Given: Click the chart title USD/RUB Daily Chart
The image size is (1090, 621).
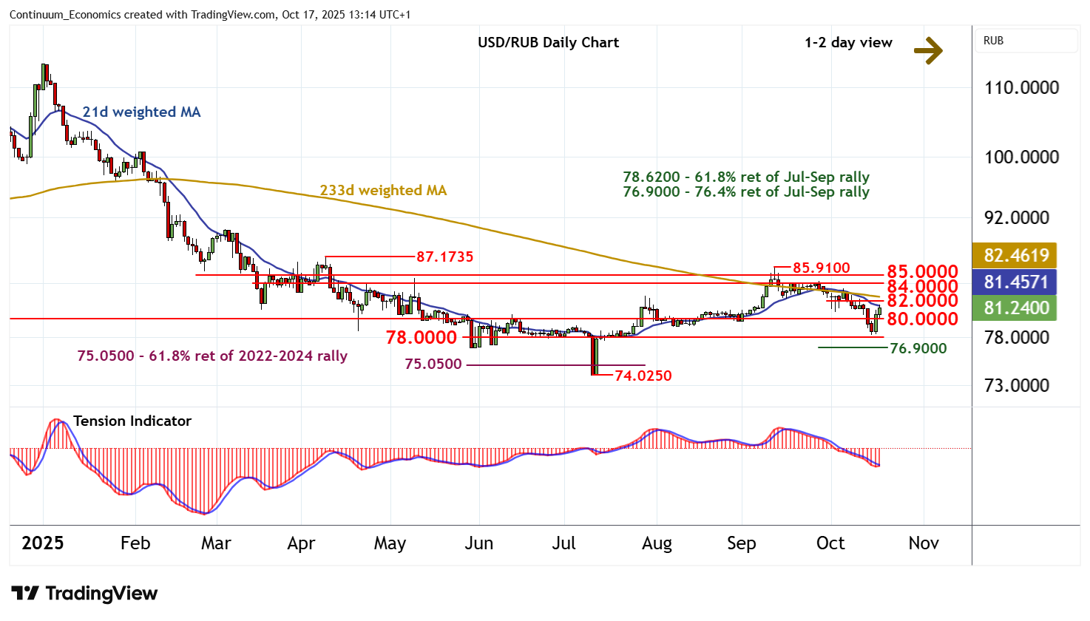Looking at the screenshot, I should (x=548, y=42).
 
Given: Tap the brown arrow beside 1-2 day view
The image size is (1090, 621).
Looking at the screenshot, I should (x=928, y=50).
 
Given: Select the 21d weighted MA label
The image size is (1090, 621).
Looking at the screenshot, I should (x=141, y=112).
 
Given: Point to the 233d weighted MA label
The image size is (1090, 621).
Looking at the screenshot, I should (x=383, y=190).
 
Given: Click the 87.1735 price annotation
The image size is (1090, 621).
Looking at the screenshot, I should (x=444, y=257).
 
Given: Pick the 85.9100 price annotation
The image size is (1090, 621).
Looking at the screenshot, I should (x=822, y=268).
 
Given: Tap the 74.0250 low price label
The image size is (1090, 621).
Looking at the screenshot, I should (x=643, y=376).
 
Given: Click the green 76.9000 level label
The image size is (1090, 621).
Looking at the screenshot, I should (x=918, y=348).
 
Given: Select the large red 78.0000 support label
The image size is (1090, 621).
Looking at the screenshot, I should (x=421, y=338).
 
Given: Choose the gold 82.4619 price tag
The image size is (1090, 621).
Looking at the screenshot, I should (x=1016, y=255).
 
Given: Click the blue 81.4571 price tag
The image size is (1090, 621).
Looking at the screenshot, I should (x=1016, y=282).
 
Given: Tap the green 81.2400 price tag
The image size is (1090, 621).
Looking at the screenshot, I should (x=1016, y=308).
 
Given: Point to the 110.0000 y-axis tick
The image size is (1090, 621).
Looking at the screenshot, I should (x=1021, y=87).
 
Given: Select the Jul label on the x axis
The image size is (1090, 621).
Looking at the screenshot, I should (x=563, y=543).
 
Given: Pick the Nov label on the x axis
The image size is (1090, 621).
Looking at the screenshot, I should (x=923, y=543).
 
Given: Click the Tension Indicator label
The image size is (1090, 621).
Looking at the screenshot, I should (x=132, y=421).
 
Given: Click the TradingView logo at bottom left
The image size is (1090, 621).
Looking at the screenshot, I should (x=84, y=593).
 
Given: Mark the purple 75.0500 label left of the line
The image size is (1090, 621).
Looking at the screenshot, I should (x=433, y=364).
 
